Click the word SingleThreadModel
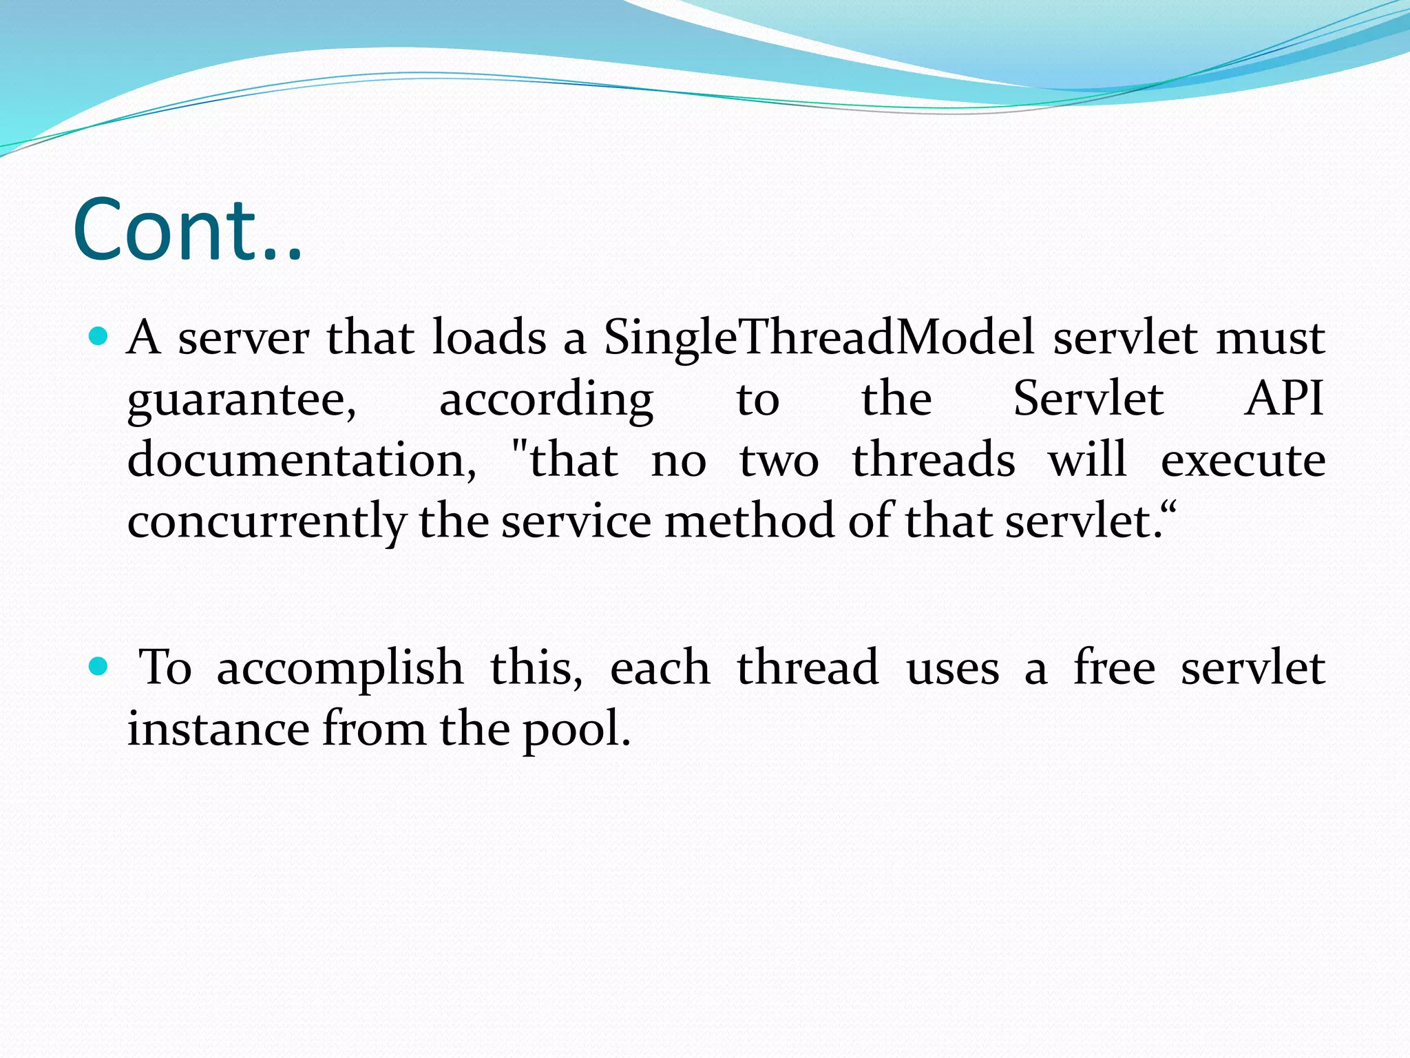(819, 338)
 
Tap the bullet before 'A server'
(99, 337)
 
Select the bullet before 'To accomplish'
(99, 666)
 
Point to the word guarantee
(242, 400)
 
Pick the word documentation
(302, 460)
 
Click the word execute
(1243, 460)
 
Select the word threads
(934, 460)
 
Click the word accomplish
(340, 668)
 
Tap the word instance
(218, 729)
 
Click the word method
(749, 521)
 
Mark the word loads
(489, 338)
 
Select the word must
(1270, 338)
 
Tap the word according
(546, 400)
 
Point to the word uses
(952, 668)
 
